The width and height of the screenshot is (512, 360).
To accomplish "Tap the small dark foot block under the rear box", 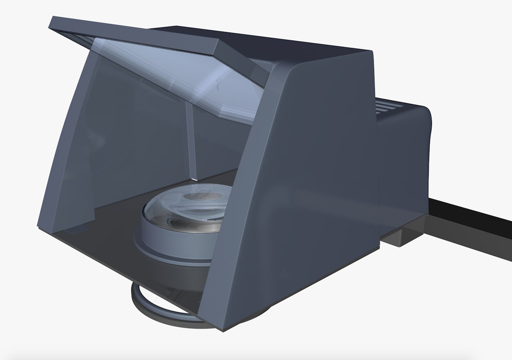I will (400, 238).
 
